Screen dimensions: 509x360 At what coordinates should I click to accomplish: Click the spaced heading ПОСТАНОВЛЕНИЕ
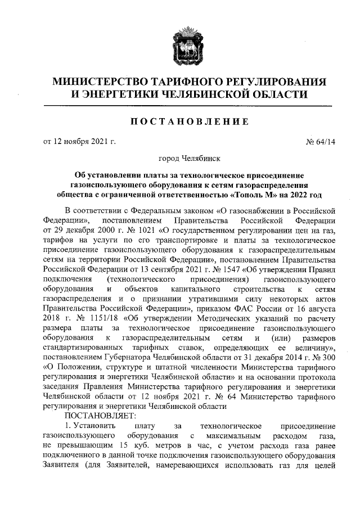180,121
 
